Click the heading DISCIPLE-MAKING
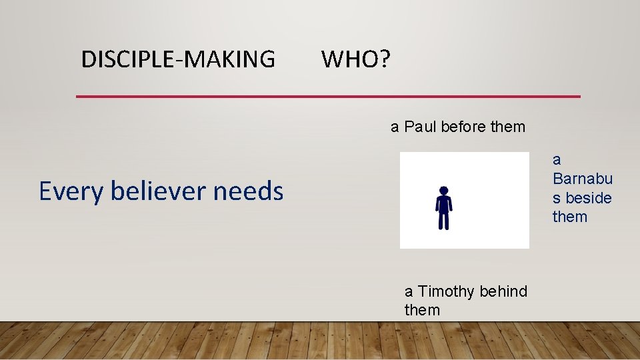(177, 59)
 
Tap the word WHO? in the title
(356, 59)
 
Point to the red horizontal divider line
(328, 97)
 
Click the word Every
(71, 191)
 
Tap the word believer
(159, 191)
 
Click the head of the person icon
(444, 191)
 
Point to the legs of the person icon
(444, 220)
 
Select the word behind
(503, 291)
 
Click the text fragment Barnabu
(582, 179)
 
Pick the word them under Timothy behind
(422, 310)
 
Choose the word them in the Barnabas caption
(570, 217)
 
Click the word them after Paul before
(508, 127)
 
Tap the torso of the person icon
(444, 204)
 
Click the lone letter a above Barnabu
(557, 160)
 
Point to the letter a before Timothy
(409, 291)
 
